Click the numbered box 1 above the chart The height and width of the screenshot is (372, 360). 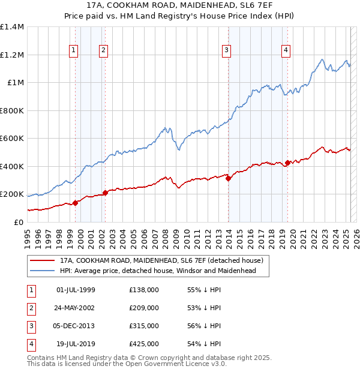(73, 50)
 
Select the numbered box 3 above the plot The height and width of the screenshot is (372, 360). (227, 50)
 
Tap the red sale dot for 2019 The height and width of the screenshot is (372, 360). (287, 163)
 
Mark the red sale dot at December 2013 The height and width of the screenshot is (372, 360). (229, 178)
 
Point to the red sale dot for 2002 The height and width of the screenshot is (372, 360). (105, 193)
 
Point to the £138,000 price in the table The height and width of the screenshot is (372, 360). (144, 290)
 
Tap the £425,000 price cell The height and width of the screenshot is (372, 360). (144, 344)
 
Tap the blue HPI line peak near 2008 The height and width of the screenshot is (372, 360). (164, 127)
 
